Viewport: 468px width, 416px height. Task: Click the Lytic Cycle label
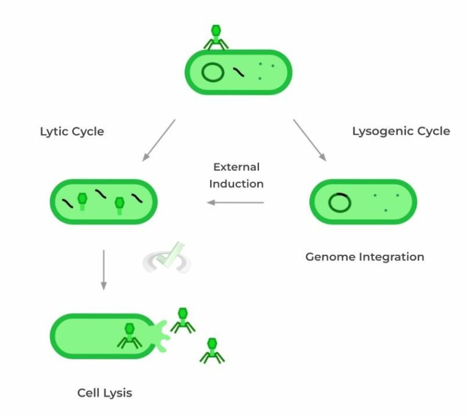coord(72,132)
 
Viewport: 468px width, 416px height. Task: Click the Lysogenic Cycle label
coord(401,131)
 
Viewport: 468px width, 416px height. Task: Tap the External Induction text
coord(236,175)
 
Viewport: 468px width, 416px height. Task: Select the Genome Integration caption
coord(364,256)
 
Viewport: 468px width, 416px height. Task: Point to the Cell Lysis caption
coord(104,392)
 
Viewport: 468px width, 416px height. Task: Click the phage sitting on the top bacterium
coord(216,37)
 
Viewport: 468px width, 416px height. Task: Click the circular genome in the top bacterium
coord(212,72)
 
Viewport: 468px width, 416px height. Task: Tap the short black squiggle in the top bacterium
coord(239,73)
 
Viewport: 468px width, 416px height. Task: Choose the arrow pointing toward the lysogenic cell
coord(310,139)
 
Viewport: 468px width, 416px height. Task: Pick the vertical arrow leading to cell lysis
coord(104,269)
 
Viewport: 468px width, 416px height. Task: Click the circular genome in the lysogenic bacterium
coord(339,202)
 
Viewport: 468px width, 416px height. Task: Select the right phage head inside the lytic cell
coord(119,203)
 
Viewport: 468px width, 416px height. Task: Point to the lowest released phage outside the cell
coord(211,350)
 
